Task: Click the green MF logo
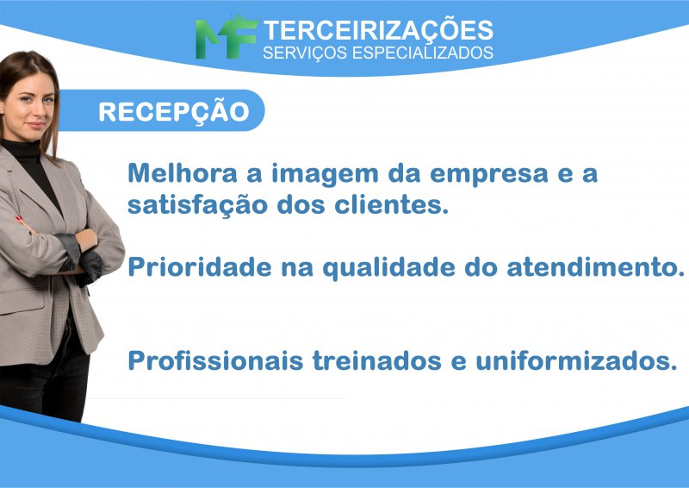point(226,37)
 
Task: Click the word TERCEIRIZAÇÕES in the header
point(378,30)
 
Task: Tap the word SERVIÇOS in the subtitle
point(305,53)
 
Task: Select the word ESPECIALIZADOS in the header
point(422,53)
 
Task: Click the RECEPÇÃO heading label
point(174,112)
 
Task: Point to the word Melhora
point(183,172)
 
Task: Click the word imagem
point(325,174)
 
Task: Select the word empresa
point(488,175)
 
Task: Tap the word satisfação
point(197,205)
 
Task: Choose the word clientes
point(392,204)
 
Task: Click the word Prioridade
point(200,266)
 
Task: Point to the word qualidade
point(389,268)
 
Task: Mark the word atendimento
point(595,266)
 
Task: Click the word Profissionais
point(216,360)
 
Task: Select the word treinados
point(377,360)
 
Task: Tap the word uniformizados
point(576,360)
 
